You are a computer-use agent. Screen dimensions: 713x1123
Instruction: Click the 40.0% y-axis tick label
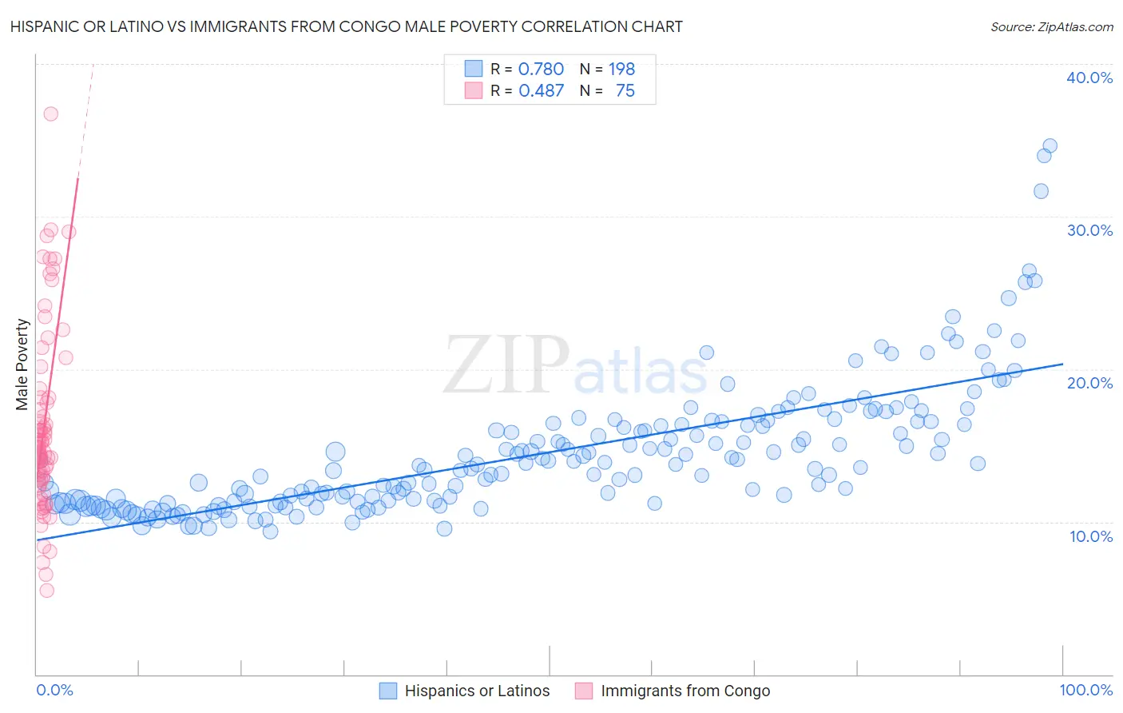[x=1089, y=78]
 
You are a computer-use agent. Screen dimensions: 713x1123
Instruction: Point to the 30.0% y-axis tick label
[x=1089, y=230]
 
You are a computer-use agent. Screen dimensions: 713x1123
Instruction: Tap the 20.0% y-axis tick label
[x=1089, y=383]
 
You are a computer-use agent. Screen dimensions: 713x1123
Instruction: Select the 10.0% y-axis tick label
[x=1091, y=536]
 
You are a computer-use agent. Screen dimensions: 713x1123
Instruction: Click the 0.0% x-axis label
[x=54, y=690]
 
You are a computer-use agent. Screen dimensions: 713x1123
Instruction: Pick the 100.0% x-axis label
[x=1085, y=690]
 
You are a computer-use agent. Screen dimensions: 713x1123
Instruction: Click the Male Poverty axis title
[x=22, y=364]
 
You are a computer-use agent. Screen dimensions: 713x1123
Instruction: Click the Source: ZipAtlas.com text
[x=1051, y=26]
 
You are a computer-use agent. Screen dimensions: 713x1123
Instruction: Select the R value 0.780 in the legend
[x=541, y=70]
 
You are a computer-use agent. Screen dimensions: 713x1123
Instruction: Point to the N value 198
[x=621, y=70]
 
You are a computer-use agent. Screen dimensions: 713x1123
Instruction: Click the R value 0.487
[x=541, y=91]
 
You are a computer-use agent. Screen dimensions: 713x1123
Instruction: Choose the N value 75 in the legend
[x=625, y=91]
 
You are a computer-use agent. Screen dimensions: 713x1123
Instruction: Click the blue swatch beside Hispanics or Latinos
[x=388, y=691]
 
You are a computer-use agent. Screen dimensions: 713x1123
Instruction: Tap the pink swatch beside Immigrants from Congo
[x=585, y=691]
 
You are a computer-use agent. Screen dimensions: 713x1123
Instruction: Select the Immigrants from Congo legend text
[x=685, y=691]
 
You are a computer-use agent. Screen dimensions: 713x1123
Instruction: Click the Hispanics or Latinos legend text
[x=477, y=691]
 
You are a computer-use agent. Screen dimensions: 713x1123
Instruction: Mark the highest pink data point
[x=50, y=114]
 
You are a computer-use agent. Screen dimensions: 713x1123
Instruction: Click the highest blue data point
[x=1050, y=145]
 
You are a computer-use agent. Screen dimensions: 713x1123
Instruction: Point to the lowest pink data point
[x=46, y=591]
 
